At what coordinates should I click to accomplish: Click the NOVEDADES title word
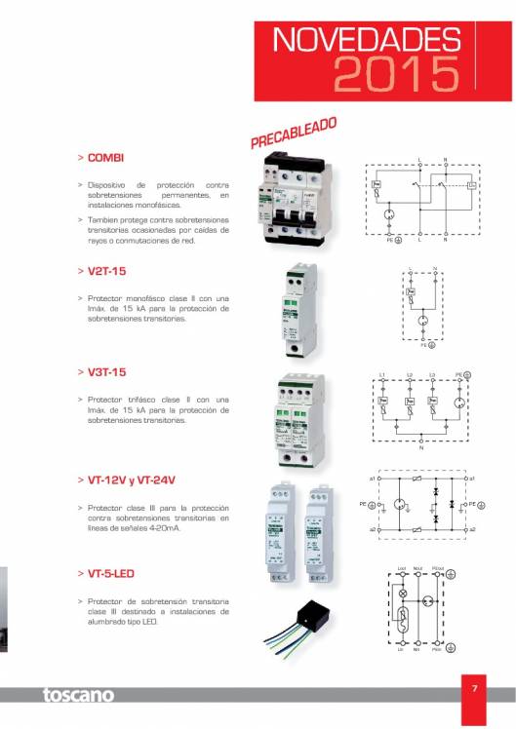[x=367, y=40]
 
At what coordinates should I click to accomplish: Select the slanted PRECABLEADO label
[x=294, y=134]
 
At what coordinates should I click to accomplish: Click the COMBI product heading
[x=105, y=156]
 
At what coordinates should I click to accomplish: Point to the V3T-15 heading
[x=108, y=372]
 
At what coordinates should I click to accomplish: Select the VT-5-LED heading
[x=111, y=574]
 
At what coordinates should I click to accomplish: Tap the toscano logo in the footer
[x=77, y=695]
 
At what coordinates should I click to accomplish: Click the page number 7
[x=474, y=689]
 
